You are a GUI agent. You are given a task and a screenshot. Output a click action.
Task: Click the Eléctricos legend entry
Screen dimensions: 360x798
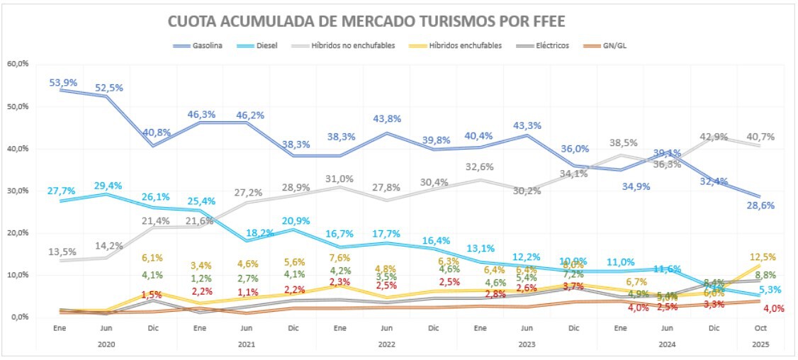pos(552,45)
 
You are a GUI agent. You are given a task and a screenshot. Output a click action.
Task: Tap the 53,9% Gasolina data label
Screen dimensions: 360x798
pos(62,82)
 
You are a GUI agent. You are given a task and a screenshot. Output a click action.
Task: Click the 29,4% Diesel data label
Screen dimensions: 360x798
pos(108,186)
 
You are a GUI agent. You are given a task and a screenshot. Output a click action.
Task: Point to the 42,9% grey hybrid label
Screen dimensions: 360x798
pos(713,137)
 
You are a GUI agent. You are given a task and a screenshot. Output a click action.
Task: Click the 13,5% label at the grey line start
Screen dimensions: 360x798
pos(62,252)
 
